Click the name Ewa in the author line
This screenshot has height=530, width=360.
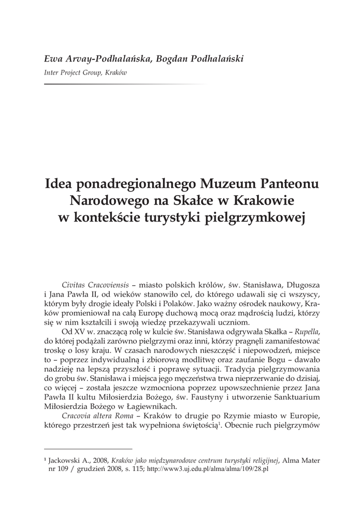(x=53, y=58)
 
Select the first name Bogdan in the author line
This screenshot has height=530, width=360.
(x=172, y=58)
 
